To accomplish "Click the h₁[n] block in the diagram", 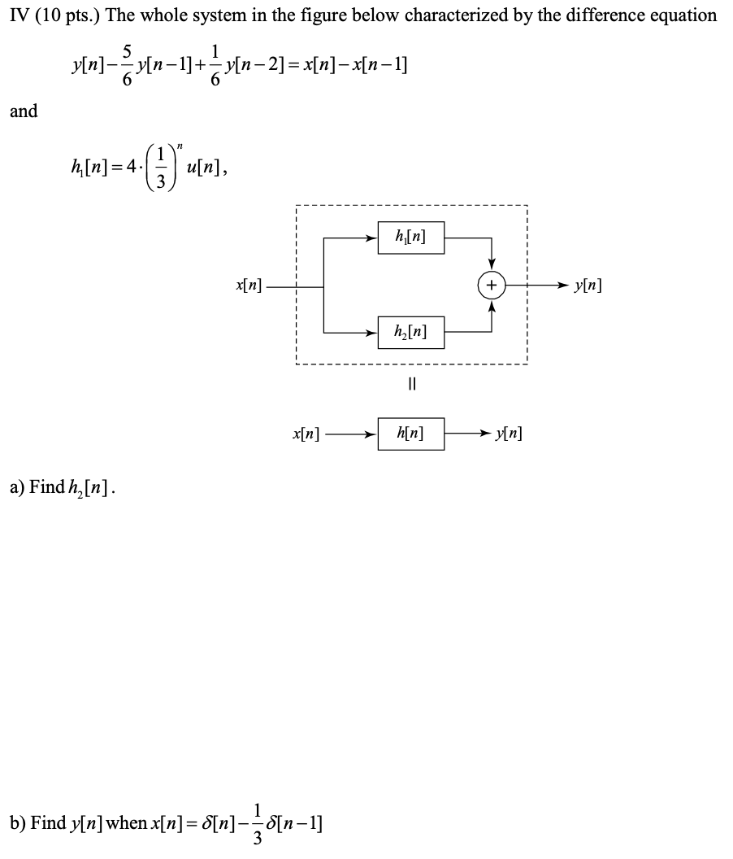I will click(x=410, y=238).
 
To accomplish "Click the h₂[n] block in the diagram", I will click(x=410, y=332).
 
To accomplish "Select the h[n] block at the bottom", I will click(x=410, y=434).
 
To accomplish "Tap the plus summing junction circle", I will click(x=492, y=286).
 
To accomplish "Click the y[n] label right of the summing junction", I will click(x=588, y=286).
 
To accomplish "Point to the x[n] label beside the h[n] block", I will click(x=306, y=434).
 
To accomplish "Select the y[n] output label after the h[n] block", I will click(x=508, y=434).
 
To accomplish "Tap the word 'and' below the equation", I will click(x=24, y=111).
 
